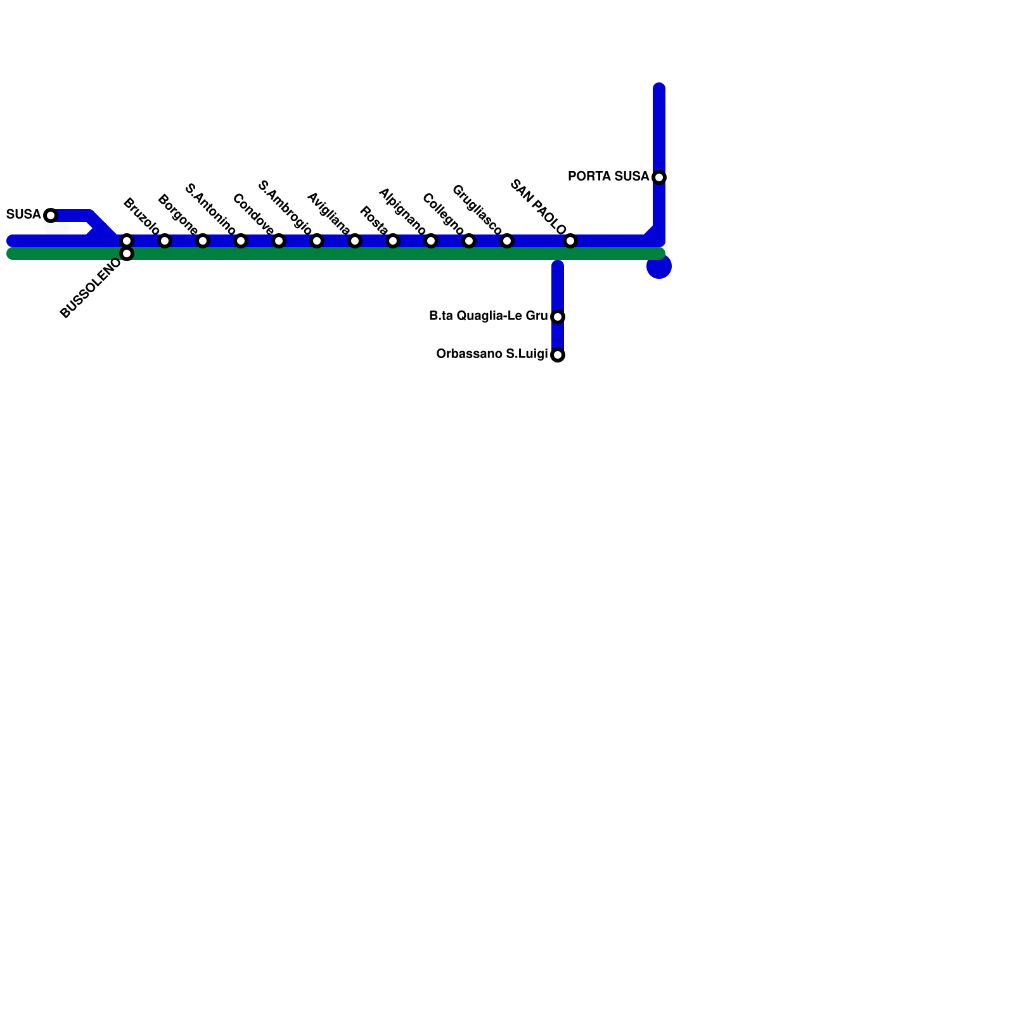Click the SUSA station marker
pos(51,215)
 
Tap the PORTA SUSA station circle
pos(659,177)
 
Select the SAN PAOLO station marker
pos(570,241)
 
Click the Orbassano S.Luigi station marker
pos(558,355)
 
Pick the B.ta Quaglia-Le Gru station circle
pos(558,317)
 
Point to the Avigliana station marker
pos(317,241)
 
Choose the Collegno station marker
pos(431,241)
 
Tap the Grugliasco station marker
pos(469,241)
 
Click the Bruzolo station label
pos(141,216)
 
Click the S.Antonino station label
pos(210,209)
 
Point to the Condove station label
pos(253,214)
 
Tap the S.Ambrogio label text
pos(285,207)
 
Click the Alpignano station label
pos(402,211)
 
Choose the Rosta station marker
pos(355,241)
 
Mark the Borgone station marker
pos(165,241)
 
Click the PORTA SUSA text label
pos(608,176)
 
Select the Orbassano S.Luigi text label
pos(491,354)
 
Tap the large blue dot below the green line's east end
pos(659,267)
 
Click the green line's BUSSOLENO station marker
pos(127,254)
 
